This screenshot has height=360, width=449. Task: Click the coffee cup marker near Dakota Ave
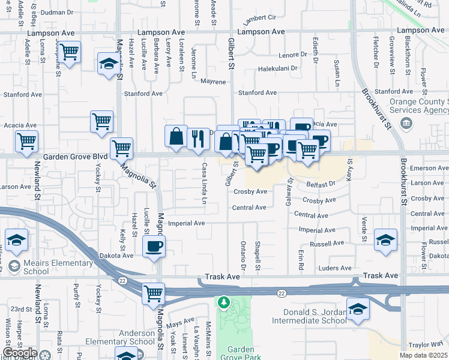pos(155,246)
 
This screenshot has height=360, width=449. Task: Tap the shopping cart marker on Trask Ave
pos(154,293)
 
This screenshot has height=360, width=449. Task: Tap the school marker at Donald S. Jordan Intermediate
pos(358,309)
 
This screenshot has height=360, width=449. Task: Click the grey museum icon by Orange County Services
pos(407,124)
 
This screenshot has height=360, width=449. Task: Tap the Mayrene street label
pos(213,81)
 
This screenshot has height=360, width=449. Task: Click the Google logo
pos(20,353)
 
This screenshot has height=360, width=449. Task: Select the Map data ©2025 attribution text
pos(424,355)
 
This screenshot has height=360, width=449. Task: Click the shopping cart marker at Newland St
pos(27,142)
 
